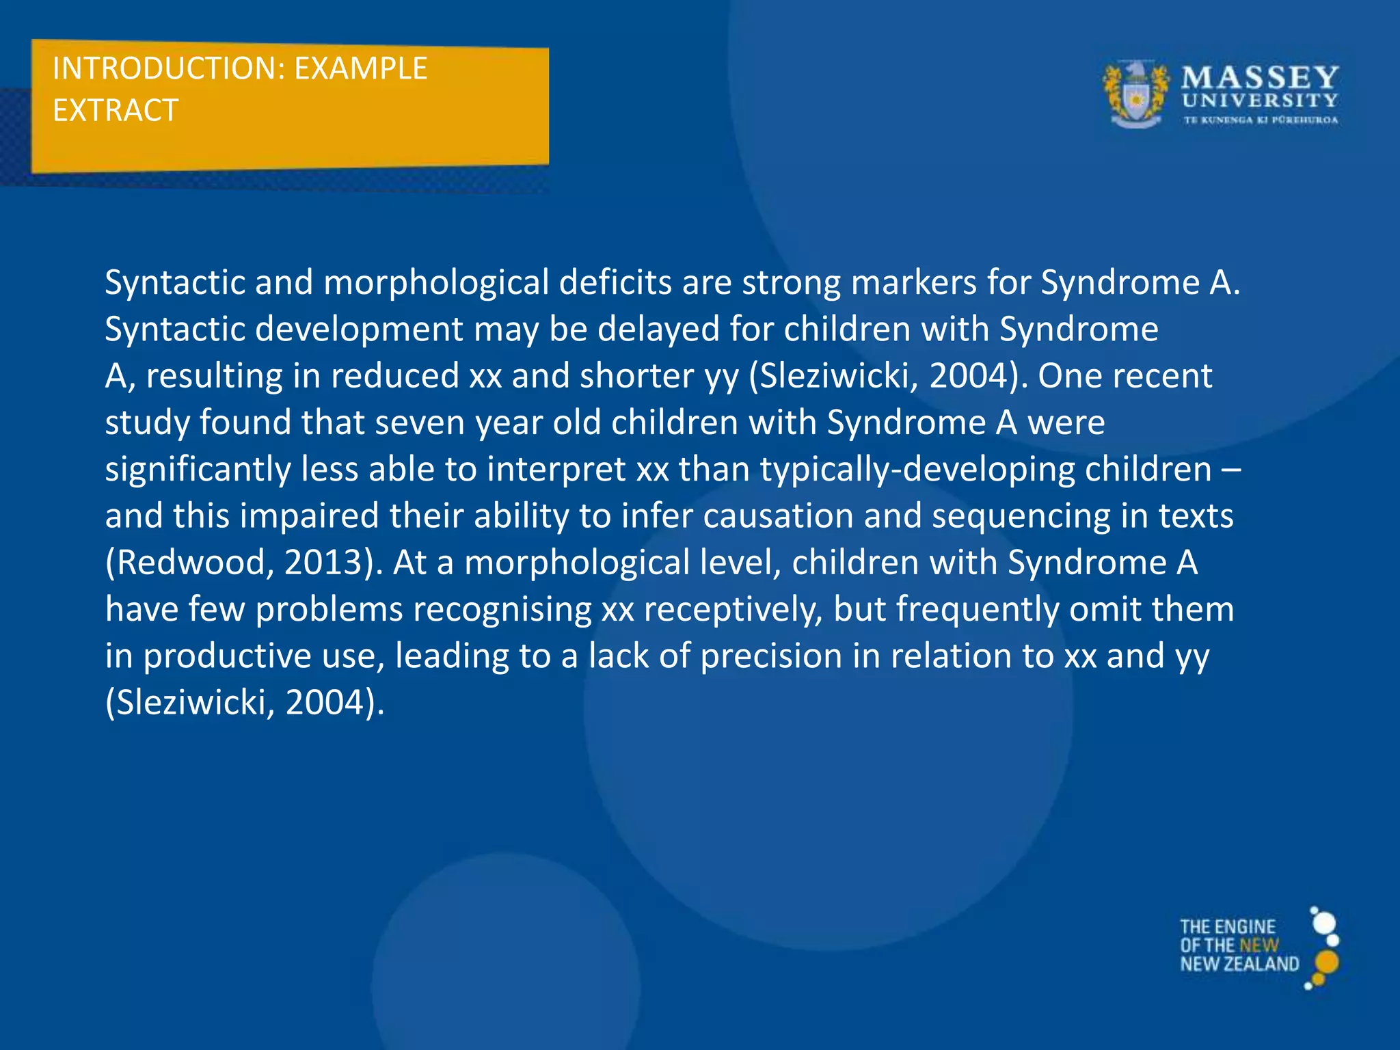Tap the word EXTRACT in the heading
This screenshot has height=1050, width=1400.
point(116,111)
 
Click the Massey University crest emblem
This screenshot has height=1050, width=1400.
point(1135,95)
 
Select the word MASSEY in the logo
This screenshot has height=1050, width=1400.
point(1259,77)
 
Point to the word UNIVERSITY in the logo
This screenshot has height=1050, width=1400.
point(1259,100)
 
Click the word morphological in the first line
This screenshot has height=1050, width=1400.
point(435,283)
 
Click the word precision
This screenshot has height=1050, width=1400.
point(770,656)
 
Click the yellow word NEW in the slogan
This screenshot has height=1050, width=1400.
point(1258,945)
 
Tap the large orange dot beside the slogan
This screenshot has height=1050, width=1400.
point(1326,962)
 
